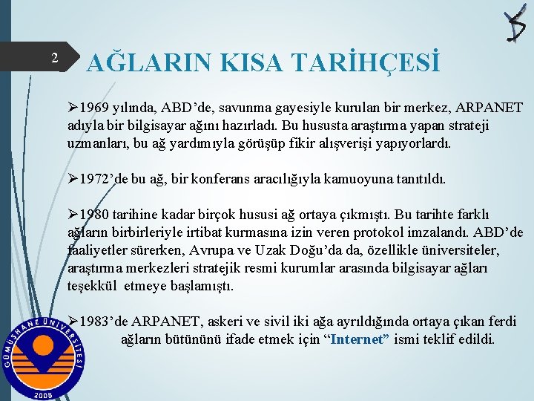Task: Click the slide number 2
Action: tap(54, 58)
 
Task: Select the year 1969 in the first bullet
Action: tap(95, 108)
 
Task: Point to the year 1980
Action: tap(95, 215)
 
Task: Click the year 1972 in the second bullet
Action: tap(95, 179)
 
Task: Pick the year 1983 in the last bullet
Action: tap(95, 322)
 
